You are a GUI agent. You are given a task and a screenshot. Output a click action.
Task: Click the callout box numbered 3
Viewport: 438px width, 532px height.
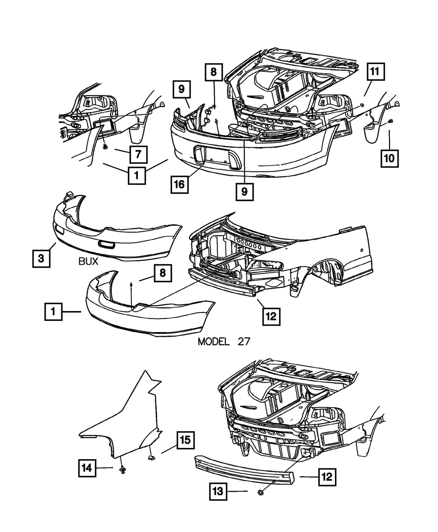41,259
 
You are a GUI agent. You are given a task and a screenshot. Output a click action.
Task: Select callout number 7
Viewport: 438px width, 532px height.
138,154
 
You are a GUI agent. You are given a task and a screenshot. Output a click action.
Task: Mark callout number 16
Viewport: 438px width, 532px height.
180,184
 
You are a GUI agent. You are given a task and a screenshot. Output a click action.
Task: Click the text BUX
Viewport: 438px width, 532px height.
88,262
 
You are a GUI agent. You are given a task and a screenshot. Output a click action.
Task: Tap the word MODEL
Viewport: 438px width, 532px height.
213,342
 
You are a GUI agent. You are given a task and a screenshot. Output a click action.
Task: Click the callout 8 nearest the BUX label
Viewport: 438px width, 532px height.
162,273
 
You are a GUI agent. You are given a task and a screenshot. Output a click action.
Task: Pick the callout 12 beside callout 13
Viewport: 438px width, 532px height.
327,476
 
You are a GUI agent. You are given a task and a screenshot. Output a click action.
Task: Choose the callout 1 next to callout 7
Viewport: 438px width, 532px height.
137,177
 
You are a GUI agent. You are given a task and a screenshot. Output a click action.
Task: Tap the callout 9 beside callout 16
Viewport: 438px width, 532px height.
244,192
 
